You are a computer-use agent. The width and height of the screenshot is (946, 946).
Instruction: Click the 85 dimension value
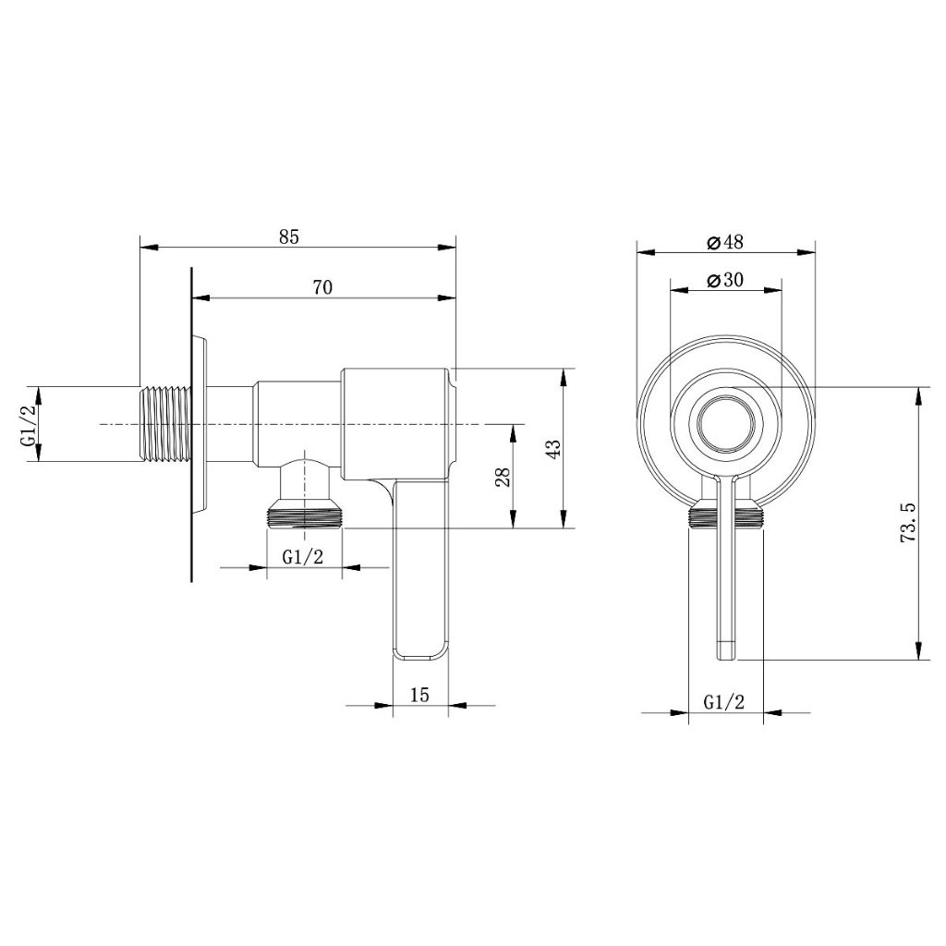[289, 237]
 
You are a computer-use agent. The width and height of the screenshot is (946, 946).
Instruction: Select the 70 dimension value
[322, 287]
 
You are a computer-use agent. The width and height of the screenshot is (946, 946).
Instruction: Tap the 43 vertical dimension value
[554, 448]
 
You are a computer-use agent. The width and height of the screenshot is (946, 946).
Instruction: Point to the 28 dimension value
[504, 478]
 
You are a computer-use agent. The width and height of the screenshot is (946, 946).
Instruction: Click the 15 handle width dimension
[420, 695]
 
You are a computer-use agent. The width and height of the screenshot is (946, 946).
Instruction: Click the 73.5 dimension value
[909, 522]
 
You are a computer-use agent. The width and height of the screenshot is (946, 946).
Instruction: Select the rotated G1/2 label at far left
[29, 425]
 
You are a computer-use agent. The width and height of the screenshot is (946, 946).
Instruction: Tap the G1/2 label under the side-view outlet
[303, 557]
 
